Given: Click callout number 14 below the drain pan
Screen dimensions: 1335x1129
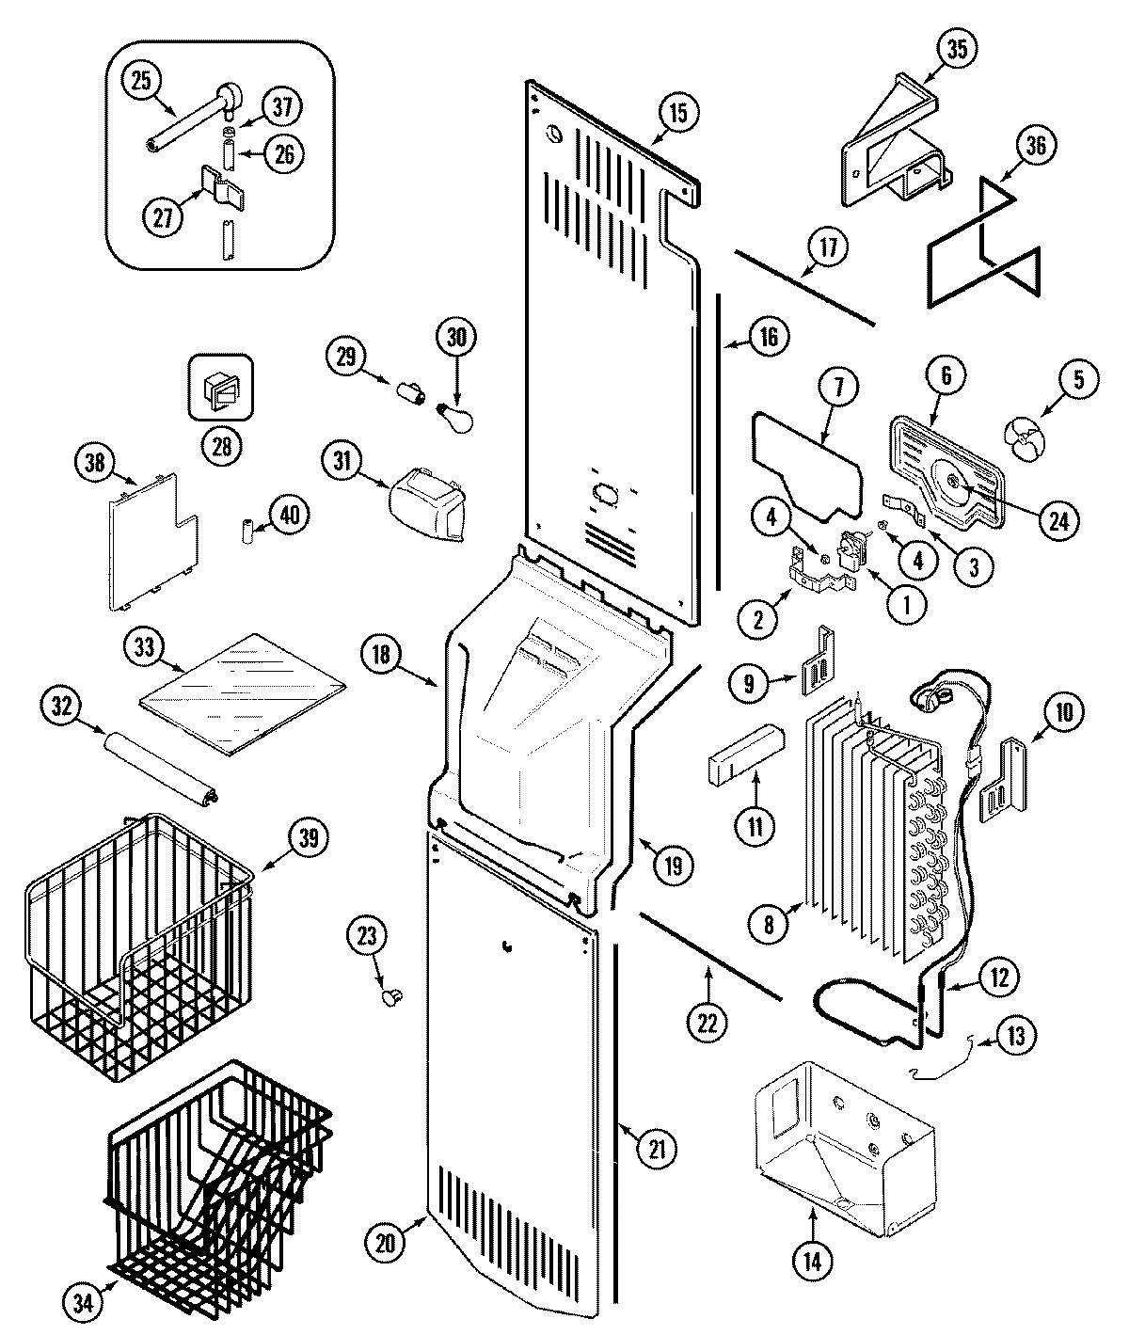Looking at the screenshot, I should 813,1262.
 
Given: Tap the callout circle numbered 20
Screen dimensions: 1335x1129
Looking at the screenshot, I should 388,1242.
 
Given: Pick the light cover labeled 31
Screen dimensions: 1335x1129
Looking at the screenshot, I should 428,508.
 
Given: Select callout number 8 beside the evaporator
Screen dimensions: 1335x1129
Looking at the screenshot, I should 769,925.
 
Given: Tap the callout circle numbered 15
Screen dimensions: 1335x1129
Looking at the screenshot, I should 678,113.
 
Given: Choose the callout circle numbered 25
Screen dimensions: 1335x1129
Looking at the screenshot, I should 141,82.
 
